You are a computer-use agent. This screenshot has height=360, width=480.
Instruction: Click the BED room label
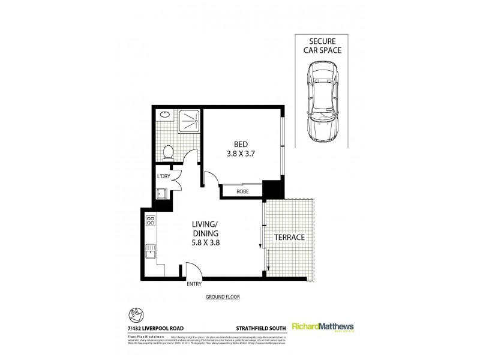click(x=241, y=143)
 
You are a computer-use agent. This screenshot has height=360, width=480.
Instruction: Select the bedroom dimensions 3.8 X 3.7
click(x=241, y=153)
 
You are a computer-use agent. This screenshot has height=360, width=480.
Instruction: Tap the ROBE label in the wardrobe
click(x=242, y=191)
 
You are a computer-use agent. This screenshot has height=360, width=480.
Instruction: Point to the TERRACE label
click(x=290, y=238)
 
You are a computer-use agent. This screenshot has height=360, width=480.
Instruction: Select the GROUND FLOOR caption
click(x=223, y=297)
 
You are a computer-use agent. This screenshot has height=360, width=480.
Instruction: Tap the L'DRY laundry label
click(x=163, y=176)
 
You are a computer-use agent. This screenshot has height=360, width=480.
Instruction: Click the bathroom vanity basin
click(x=163, y=115)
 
